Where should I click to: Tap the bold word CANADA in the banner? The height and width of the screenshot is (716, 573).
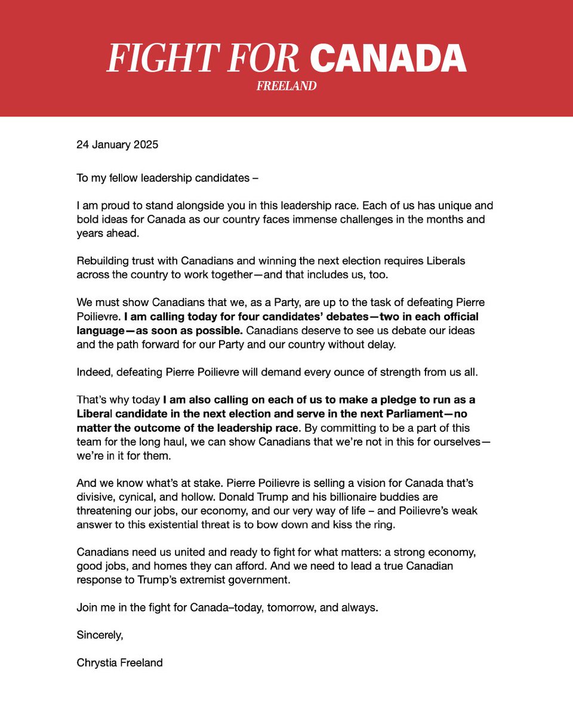click(388, 58)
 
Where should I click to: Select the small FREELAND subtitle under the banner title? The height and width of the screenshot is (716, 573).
click(286, 86)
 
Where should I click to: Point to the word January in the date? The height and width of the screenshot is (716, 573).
click(112, 144)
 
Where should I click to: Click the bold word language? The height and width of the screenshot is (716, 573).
click(100, 330)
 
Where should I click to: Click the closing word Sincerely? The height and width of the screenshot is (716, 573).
click(100, 635)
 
